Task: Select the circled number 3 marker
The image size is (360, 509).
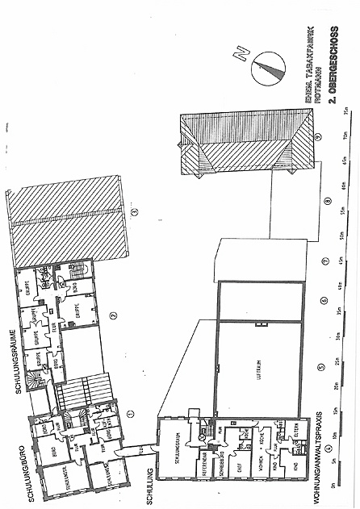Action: [136, 212]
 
